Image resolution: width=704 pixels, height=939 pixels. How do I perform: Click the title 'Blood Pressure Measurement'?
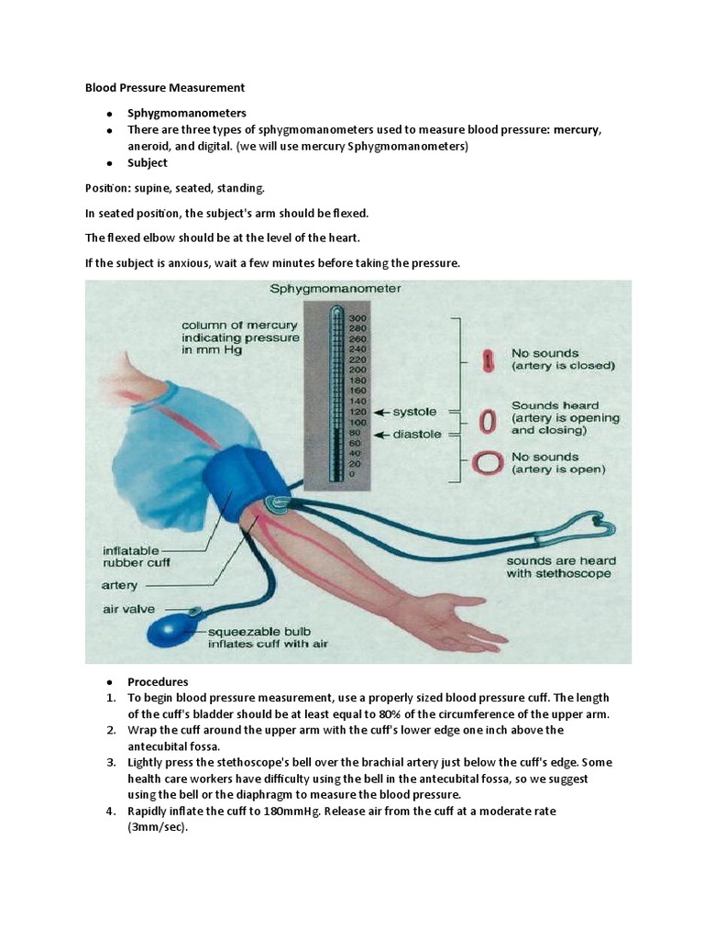click(165, 88)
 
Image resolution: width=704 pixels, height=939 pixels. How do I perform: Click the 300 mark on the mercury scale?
click(357, 317)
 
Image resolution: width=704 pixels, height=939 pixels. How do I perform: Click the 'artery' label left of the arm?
click(121, 584)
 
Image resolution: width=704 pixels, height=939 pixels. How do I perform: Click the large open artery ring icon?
click(489, 462)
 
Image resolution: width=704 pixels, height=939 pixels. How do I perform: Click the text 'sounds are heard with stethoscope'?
click(561, 567)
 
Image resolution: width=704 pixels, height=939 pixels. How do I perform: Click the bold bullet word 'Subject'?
click(148, 163)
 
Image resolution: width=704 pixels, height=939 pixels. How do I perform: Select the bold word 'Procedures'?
click(158, 681)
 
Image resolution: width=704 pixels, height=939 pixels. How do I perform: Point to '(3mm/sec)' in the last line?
click(157, 827)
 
